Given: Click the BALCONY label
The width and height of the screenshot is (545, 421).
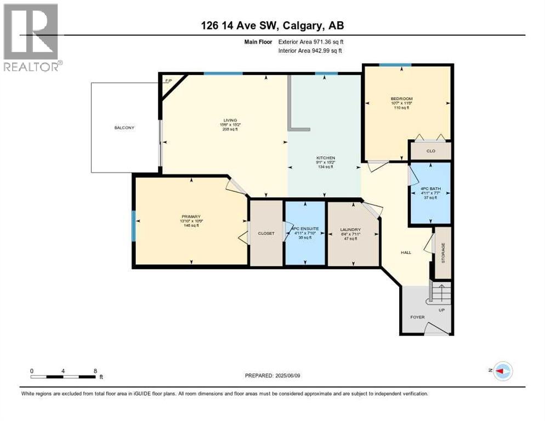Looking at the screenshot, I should (124, 128).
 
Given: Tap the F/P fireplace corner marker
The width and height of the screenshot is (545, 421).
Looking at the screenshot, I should (168, 81).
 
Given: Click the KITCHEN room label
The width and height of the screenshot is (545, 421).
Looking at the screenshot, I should (325, 158).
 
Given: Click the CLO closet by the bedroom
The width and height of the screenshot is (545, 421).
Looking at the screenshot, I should (430, 151).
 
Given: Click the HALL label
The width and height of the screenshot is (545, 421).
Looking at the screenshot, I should (406, 253).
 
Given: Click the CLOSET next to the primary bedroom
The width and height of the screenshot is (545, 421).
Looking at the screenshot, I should (266, 233).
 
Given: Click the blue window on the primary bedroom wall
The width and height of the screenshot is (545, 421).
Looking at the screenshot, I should (133, 226).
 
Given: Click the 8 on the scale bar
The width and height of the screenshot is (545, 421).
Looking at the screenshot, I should (96, 371).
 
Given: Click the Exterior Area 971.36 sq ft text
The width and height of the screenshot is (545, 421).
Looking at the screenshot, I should (311, 42).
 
